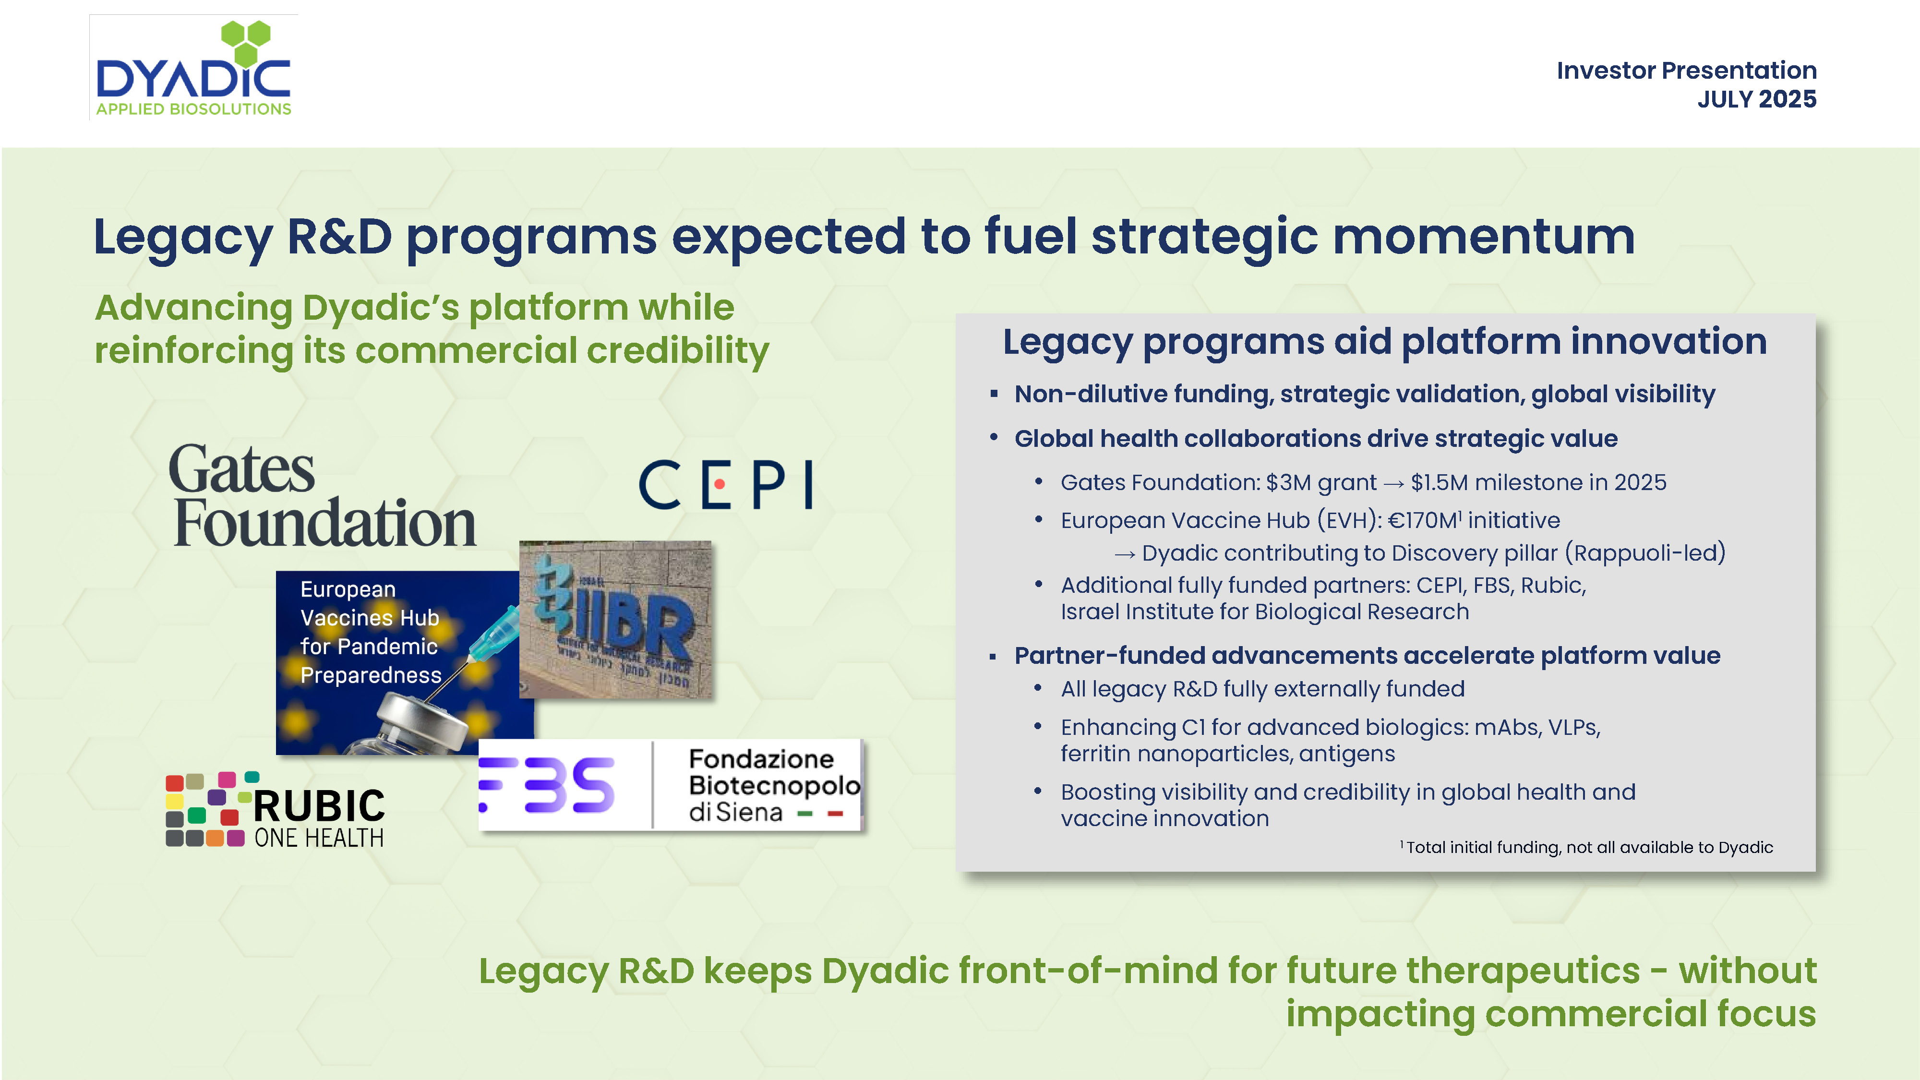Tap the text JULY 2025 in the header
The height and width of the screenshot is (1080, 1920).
coord(1757,99)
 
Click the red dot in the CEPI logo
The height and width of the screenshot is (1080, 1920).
coord(719,484)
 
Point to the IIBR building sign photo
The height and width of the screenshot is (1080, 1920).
coord(616,620)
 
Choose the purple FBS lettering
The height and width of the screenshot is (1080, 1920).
coord(546,784)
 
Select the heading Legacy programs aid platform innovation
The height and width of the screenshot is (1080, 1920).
coord(1385,342)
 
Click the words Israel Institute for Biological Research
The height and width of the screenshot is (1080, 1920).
coord(1265,612)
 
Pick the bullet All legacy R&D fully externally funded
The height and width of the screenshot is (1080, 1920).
coord(1262,689)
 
